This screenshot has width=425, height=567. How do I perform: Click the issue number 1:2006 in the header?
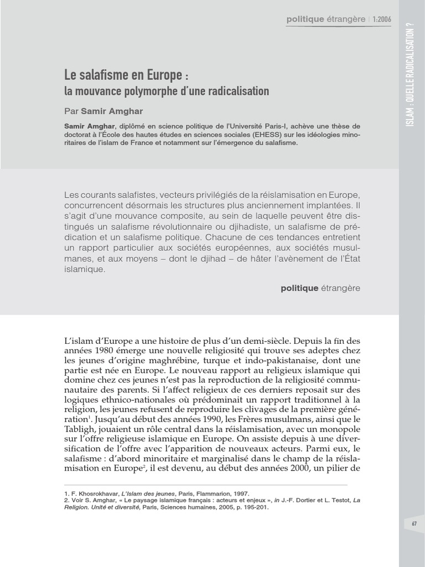tap(382, 19)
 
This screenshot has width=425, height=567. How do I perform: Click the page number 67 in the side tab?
tap(414, 523)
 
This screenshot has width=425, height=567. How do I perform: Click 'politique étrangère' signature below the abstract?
tap(320, 288)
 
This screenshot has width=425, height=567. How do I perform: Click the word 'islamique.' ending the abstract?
tap(84, 270)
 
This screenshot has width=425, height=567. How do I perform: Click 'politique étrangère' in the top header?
tap(326, 19)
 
